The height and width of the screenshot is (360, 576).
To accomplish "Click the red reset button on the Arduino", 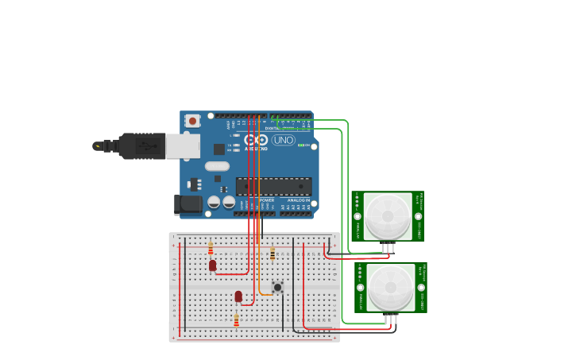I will (x=192, y=121).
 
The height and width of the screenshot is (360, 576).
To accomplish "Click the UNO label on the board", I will (x=284, y=140).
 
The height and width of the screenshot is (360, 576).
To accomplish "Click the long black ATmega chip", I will (x=273, y=187).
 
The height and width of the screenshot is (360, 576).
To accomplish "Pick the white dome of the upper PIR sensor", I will (x=388, y=215).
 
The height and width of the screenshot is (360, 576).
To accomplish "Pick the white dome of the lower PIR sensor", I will (x=391, y=286).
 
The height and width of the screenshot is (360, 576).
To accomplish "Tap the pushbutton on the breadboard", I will (x=277, y=287).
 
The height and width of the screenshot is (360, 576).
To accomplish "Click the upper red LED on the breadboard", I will (x=212, y=265).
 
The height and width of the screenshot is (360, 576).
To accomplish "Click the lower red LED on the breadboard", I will (x=238, y=296).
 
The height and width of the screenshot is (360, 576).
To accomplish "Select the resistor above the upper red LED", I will (x=211, y=248).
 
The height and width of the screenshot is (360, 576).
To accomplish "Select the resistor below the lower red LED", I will (x=236, y=320).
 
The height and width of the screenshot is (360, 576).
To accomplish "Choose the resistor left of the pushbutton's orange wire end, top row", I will (x=273, y=254).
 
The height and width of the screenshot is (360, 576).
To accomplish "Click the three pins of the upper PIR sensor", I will (x=387, y=247).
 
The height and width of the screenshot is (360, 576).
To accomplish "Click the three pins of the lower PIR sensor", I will (x=390, y=319).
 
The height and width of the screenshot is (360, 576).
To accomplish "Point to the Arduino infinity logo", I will (x=256, y=140).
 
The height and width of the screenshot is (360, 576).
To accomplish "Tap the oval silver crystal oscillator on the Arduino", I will (x=216, y=166).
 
